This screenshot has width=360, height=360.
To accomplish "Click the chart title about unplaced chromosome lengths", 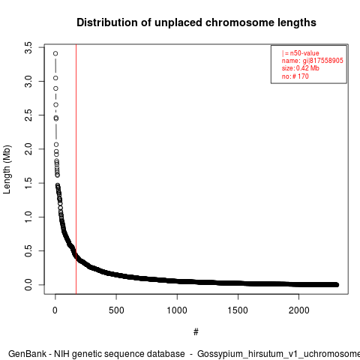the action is [196, 22].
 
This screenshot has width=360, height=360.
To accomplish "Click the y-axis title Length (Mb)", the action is [7, 169].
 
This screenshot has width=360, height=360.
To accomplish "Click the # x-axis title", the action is [196, 332].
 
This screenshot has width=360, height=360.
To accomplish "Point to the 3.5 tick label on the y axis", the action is [28, 47].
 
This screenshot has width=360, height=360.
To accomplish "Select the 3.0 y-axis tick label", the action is [28, 82].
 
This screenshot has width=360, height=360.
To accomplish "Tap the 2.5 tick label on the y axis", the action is [28, 115].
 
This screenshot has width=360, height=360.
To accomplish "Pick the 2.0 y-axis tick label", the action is [28, 149].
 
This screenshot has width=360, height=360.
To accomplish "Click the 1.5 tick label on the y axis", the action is [28, 183].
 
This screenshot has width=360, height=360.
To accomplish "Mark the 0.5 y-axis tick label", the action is [28, 250].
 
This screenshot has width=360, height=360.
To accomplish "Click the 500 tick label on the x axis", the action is [116, 310].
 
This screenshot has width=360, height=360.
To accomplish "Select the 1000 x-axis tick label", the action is [177, 310].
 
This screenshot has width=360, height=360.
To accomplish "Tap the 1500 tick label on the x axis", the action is [238, 310].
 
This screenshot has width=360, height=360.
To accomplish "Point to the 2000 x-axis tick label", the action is [298, 310].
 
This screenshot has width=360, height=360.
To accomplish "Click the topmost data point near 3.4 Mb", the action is [55, 53].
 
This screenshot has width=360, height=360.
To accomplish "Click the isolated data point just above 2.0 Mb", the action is [56, 145].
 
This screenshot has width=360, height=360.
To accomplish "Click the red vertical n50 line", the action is [76, 169].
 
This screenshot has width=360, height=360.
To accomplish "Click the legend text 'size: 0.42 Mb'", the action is [300, 68].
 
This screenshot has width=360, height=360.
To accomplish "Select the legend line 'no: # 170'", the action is [295, 76].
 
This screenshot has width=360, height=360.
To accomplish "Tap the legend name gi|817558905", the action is [322, 61].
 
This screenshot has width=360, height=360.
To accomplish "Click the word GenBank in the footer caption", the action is [27, 354].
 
